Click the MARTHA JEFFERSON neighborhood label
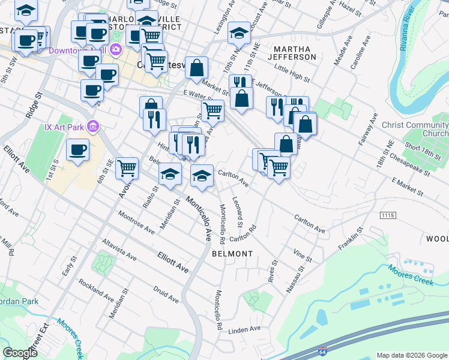[x=294, y=52]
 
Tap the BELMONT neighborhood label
[x=232, y=254]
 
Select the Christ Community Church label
[x=415, y=129]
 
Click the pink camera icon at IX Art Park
[x=92, y=127]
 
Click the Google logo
[x=20, y=352]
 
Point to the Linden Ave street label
[x=245, y=329]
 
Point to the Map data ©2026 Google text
[x=412, y=355]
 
